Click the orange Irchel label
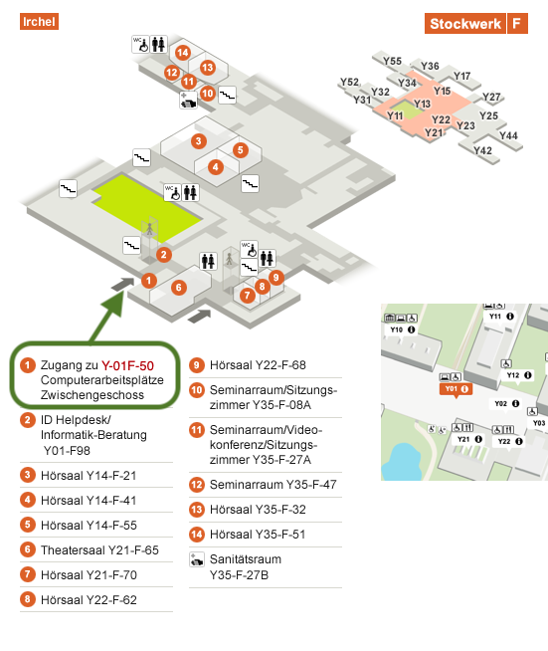click(x=39, y=22)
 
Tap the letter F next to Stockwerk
click(x=517, y=23)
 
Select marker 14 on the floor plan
click(x=183, y=53)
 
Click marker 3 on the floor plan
click(x=199, y=141)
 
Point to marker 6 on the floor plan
click(x=179, y=288)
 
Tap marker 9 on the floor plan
click(x=276, y=277)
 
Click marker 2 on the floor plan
click(x=164, y=255)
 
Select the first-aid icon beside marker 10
click(x=188, y=101)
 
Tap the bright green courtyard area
click(x=147, y=208)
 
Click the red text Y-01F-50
click(x=127, y=365)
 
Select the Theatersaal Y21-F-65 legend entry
click(x=99, y=550)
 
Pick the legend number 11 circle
click(x=197, y=430)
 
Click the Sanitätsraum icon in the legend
click(x=197, y=559)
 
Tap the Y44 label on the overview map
click(x=508, y=135)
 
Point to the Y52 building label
click(x=349, y=82)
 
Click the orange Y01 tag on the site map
click(x=456, y=389)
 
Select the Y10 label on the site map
click(x=397, y=329)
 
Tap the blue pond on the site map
click(x=401, y=462)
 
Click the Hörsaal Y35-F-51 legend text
click(x=258, y=535)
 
